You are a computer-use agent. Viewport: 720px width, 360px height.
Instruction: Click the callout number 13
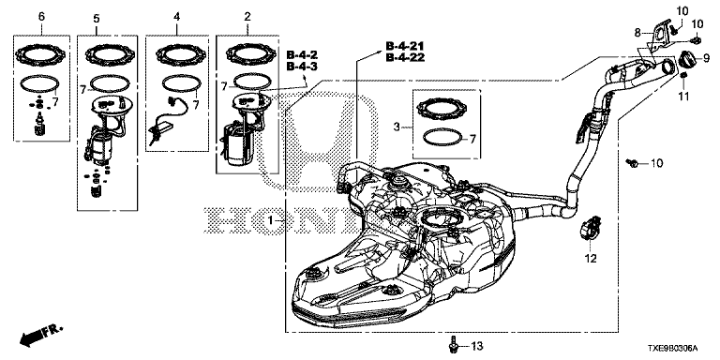[x=477, y=346]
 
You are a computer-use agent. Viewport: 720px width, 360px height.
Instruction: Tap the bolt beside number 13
[x=454, y=345]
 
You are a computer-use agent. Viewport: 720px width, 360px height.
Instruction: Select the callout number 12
[x=591, y=259]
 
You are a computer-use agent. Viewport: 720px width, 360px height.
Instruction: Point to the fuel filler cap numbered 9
[x=688, y=59]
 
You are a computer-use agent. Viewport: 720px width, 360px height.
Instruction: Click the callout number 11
[x=684, y=97]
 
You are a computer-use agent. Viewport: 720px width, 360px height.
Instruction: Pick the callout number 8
[x=637, y=33]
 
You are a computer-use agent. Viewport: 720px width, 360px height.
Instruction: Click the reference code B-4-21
[x=405, y=46]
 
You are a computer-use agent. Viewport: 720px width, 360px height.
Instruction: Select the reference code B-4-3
[x=302, y=67]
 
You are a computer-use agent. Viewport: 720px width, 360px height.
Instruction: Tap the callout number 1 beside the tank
[x=271, y=221]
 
